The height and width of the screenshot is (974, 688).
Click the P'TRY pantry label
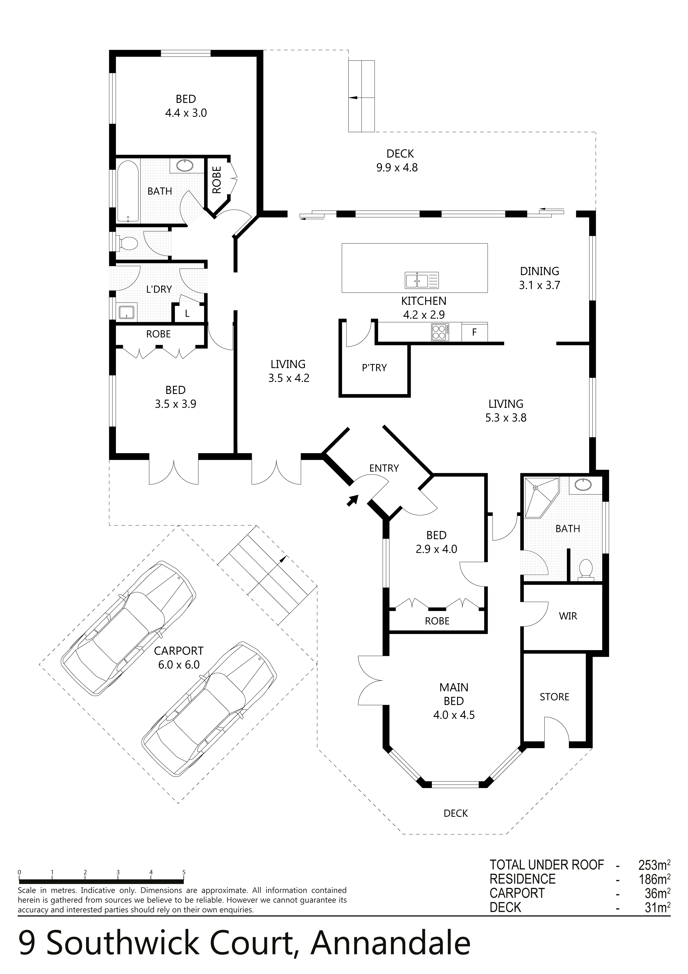coord(374,368)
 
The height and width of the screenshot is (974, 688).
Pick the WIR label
coord(568,616)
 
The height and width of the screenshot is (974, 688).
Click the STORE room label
coord(554,697)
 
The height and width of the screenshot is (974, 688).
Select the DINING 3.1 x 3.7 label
coord(539,278)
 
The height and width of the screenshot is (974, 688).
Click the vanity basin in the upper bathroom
coord(184,165)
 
